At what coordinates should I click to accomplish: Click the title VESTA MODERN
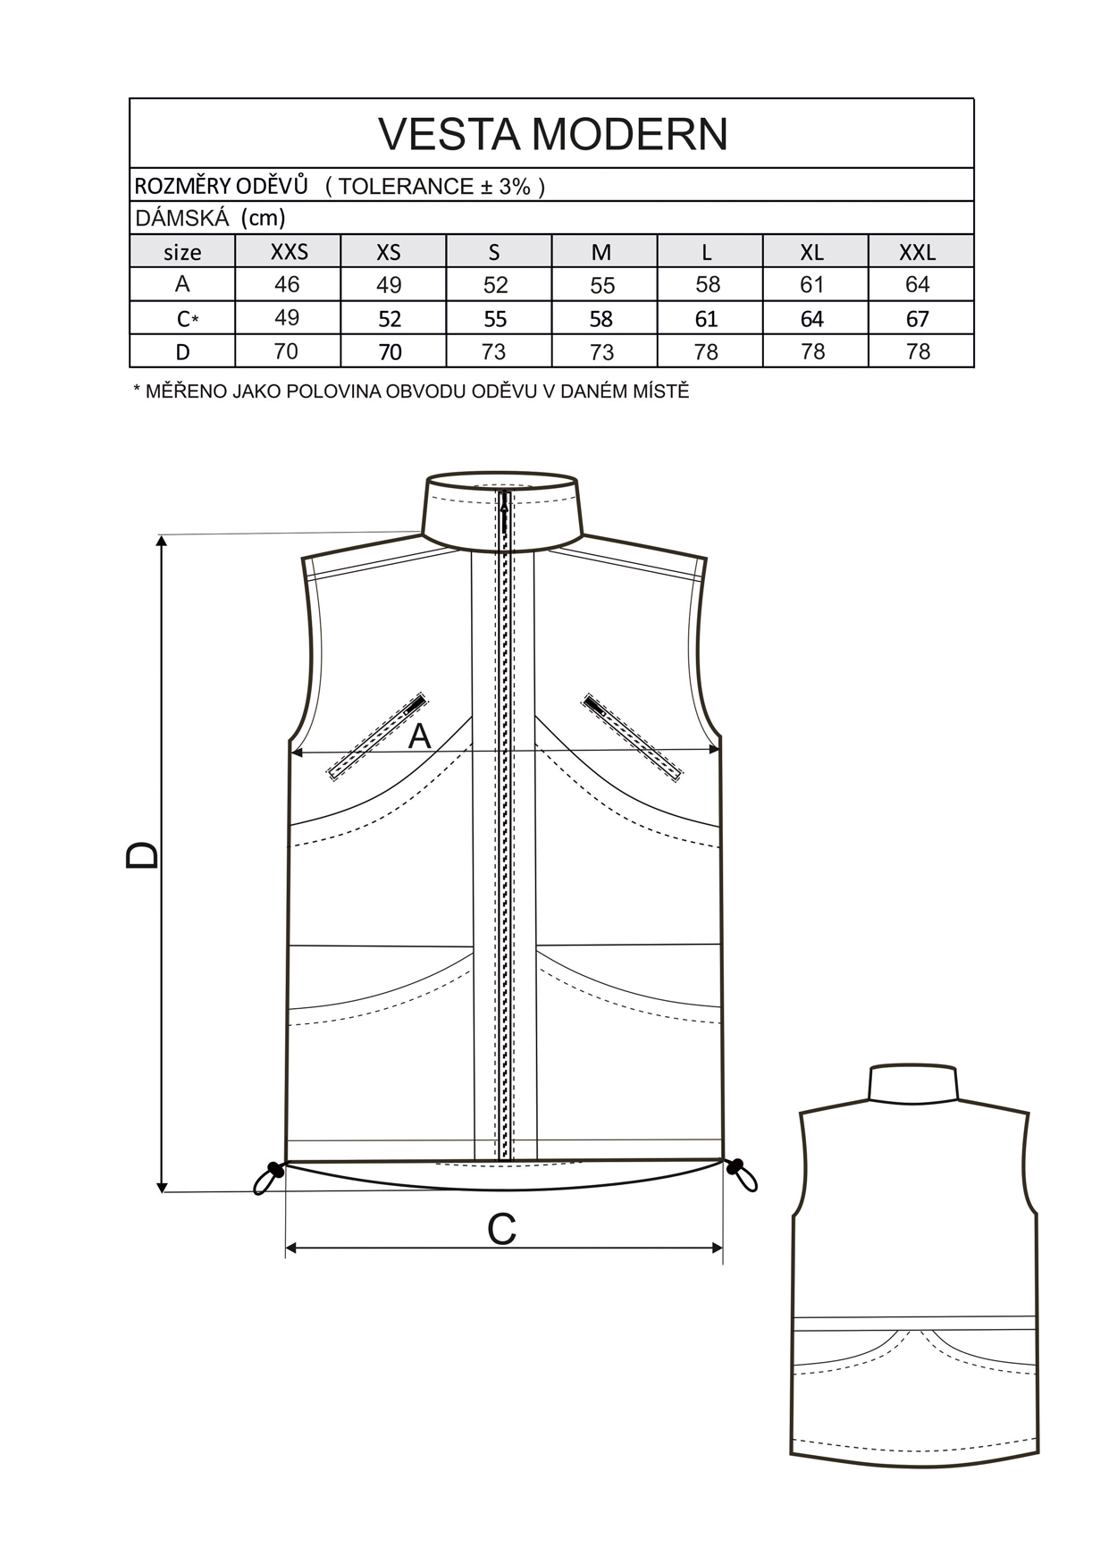point(553,134)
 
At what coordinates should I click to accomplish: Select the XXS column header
point(289,252)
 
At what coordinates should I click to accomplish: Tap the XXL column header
point(918,252)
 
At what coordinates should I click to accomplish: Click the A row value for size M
point(602,285)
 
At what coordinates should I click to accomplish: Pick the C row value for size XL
point(812,319)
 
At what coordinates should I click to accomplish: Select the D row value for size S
point(494,352)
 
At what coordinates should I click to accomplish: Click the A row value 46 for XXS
point(287,284)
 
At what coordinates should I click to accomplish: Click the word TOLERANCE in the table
point(407,186)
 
